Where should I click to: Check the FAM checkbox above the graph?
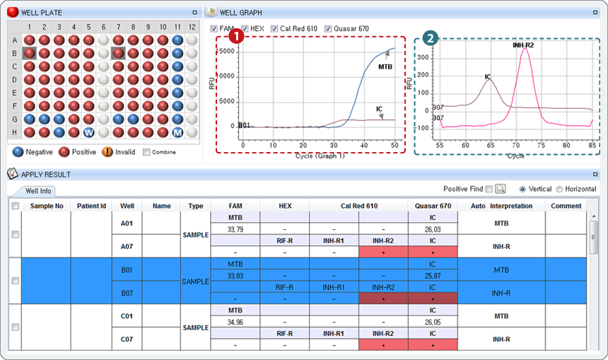pos(214,28)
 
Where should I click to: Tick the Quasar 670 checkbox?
pos(328,28)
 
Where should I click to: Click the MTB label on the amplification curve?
pos(385,67)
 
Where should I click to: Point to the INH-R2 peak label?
pos(523,45)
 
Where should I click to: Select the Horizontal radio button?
pos(559,189)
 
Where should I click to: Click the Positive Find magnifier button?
pos(501,189)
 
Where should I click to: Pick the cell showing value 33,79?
pos(235,229)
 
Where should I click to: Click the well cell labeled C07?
pos(127,339)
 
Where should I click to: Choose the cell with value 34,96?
pos(235,322)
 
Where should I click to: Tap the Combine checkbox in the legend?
pos(146,151)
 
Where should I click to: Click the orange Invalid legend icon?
pos(107,151)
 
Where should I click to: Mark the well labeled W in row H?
pos(88,132)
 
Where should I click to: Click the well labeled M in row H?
pos(177,132)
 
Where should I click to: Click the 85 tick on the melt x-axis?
pos(591,145)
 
